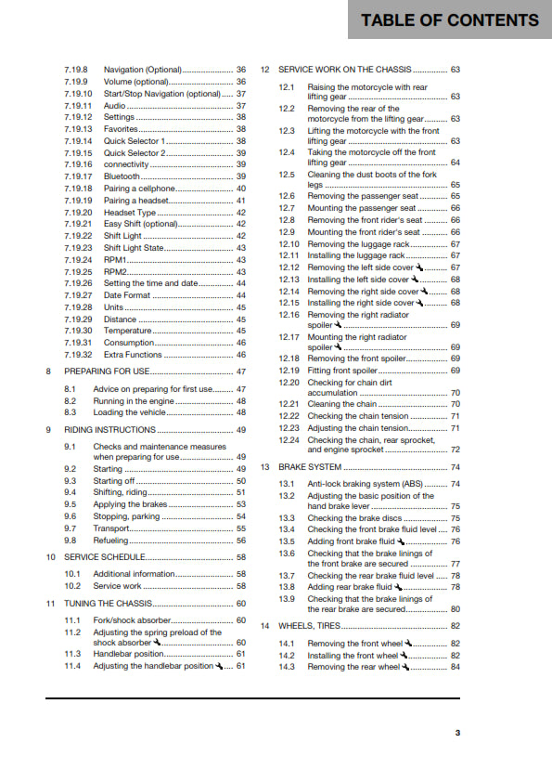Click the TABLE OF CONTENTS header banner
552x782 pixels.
pos(450,20)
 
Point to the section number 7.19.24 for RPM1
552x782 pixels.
pos(78,260)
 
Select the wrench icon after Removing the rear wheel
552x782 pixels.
pos(405,667)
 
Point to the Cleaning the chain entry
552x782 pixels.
pos(341,404)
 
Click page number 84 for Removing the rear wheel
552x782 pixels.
pos(455,667)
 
